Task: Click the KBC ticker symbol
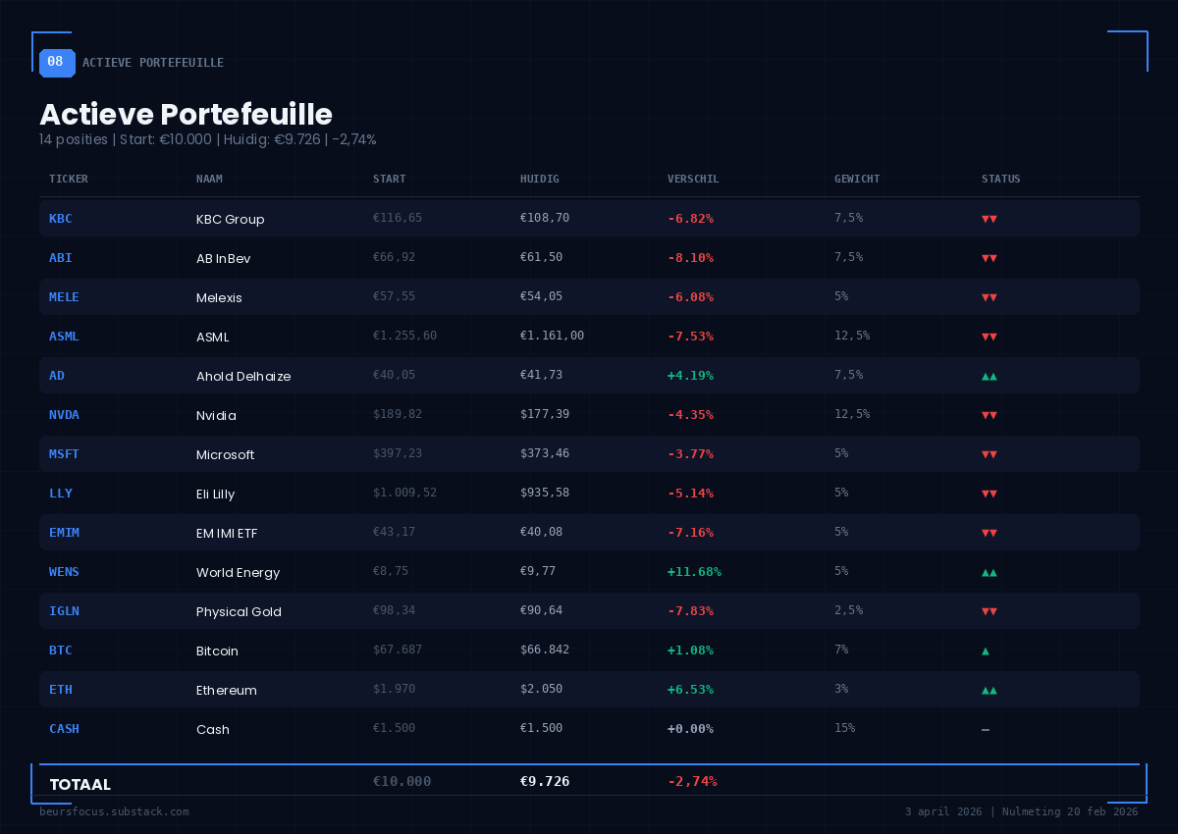pyautogui.click(x=61, y=218)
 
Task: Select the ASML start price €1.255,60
pyautogui.click(x=404, y=336)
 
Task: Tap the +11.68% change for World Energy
pyautogui.click(x=694, y=571)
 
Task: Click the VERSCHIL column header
pyautogui.click(x=693, y=179)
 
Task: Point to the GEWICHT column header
pyautogui.click(x=857, y=179)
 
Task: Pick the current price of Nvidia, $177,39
pyautogui.click(x=545, y=414)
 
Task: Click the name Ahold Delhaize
pyautogui.click(x=243, y=376)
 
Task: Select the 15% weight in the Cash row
pyautogui.click(x=844, y=728)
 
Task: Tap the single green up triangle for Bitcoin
pyautogui.click(x=986, y=651)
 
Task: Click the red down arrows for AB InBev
pyautogui.click(x=990, y=258)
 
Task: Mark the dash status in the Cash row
pyautogui.click(x=986, y=729)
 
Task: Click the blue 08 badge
pyautogui.click(x=56, y=62)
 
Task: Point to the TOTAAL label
pyautogui.click(x=80, y=784)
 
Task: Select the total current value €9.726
pyautogui.click(x=545, y=782)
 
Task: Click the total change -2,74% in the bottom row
pyautogui.click(x=692, y=782)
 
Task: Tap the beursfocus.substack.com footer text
pyautogui.click(x=114, y=811)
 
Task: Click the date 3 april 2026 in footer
pyautogui.click(x=943, y=811)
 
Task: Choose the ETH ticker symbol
pyautogui.click(x=61, y=689)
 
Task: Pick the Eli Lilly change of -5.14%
pyautogui.click(x=690, y=493)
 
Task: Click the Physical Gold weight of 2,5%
pyautogui.click(x=848, y=610)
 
